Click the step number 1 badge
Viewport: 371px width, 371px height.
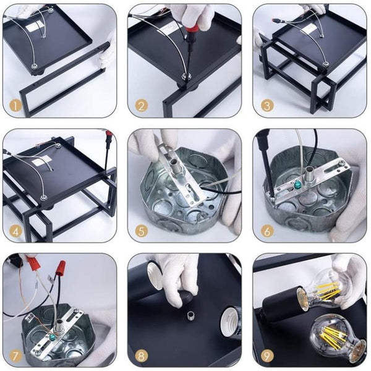click(15, 106)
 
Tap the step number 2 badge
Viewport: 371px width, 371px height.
click(141, 106)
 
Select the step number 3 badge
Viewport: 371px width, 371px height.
click(267, 106)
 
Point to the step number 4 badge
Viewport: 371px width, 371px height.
click(15, 231)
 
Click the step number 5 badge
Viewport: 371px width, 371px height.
click(141, 231)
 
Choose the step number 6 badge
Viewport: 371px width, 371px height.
click(267, 231)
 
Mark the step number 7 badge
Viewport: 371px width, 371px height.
click(15, 357)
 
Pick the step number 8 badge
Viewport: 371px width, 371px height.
click(141, 357)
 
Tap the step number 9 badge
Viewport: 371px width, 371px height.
click(267, 357)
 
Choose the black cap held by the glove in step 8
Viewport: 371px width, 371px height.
click(185, 297)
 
